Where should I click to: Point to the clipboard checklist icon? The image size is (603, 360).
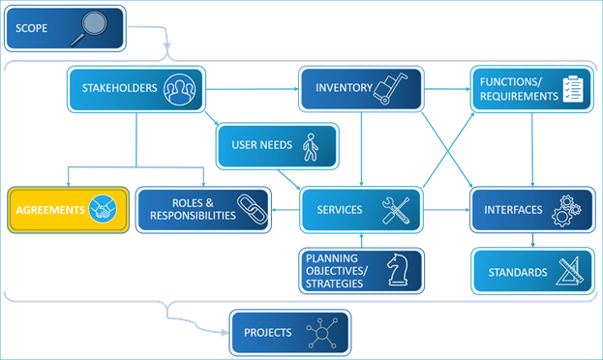point(575,90)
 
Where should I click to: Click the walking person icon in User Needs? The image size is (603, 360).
point(310,146)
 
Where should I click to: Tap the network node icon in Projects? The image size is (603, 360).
point(320,334)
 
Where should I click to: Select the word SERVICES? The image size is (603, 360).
point(339,210)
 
